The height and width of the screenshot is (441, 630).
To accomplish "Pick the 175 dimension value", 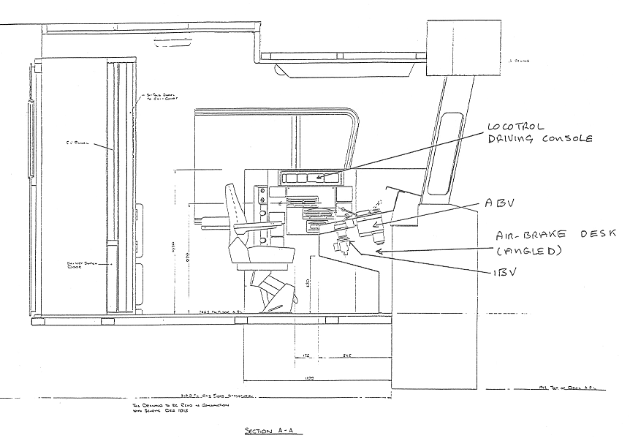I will coord(307,357).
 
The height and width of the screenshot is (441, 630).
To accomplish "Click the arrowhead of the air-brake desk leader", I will coord(375,251).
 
